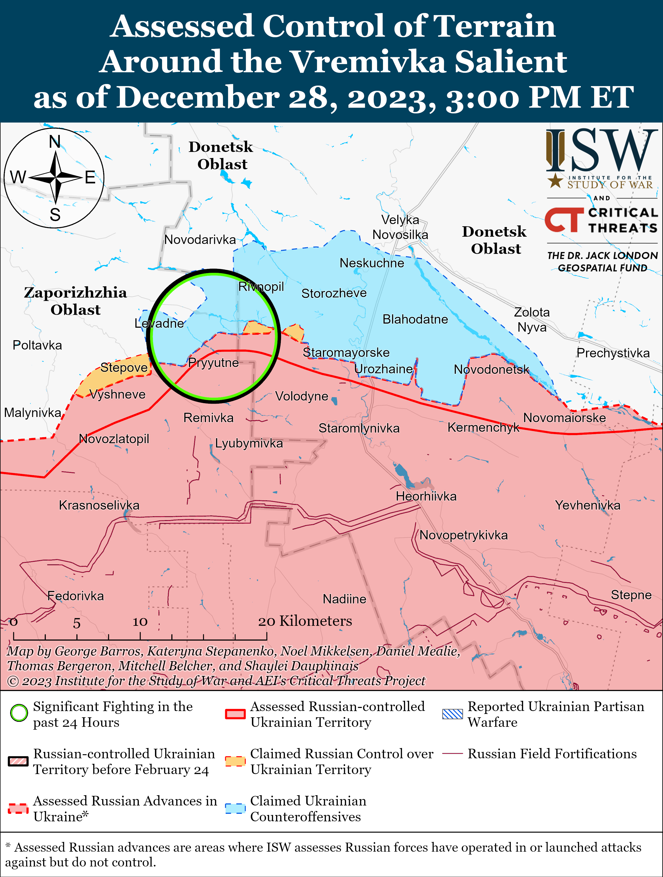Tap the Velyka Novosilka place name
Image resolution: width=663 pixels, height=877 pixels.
(400, 227)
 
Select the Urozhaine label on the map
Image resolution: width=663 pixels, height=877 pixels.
(383, 369)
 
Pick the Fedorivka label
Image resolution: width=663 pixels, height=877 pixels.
(75, 596)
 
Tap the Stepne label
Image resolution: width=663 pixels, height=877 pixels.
(631, 595)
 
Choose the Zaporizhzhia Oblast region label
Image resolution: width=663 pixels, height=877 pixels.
(75, 301)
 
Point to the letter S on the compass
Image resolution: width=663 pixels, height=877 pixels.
(55, 215)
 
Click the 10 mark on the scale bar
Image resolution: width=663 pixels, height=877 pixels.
(140, 622)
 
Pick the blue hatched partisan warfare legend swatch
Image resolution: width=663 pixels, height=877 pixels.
(452, 714)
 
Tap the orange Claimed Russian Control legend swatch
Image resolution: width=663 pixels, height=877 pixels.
(235, 761)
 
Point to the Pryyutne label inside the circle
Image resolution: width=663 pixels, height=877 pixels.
(213, 363)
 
